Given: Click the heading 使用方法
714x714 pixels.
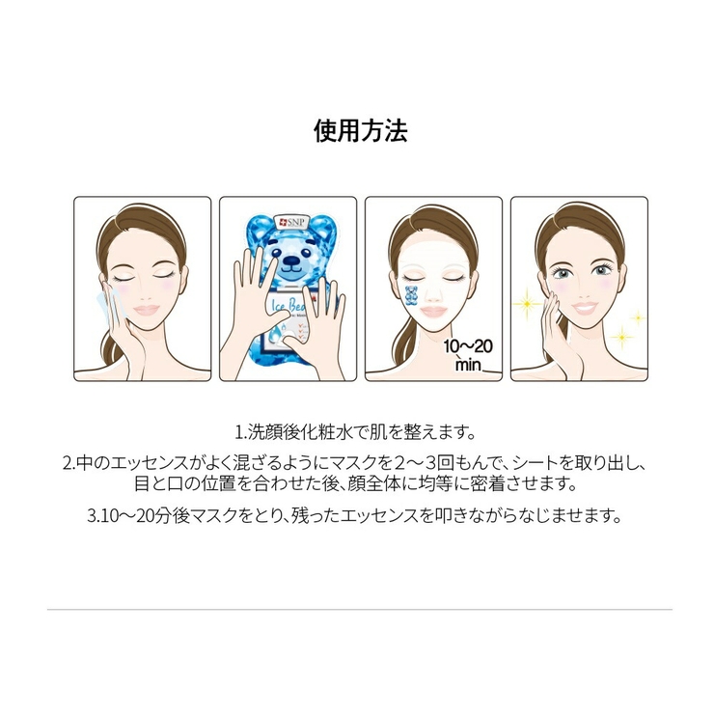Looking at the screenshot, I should [x=361, y=131].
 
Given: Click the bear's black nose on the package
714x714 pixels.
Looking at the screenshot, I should [x=287, y=262].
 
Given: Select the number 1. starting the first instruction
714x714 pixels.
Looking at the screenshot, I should [x=240, y=429].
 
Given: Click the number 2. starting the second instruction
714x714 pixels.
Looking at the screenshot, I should [x=69, y=462].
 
